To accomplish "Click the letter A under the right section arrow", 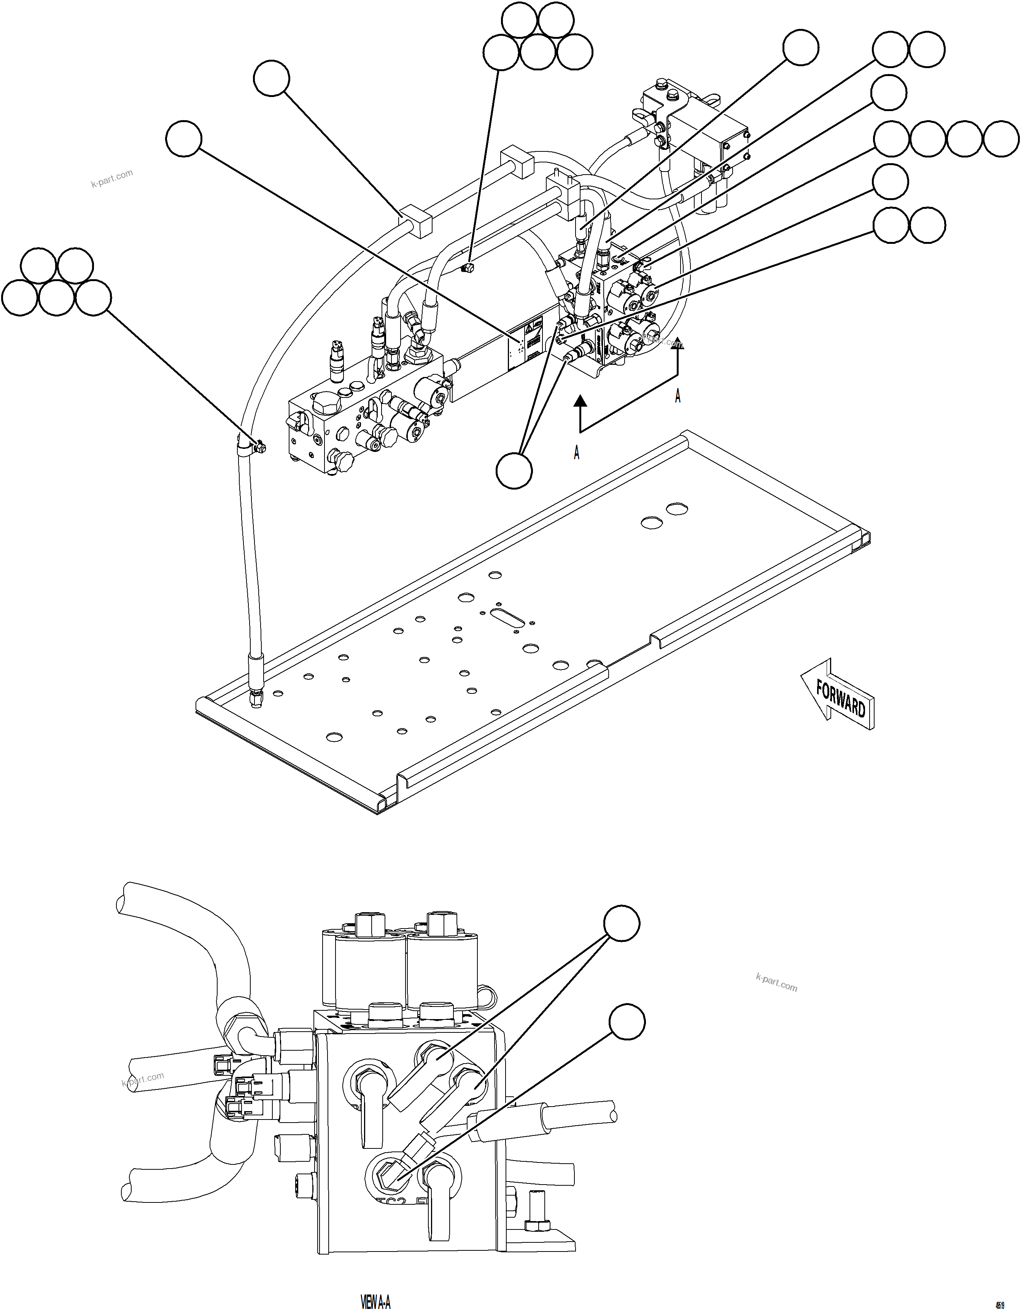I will pyautogui.click(x=677, y=396).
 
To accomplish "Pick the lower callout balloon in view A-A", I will pyautogui.click(x=627, y=1023).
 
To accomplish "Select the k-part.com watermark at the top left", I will pyautogui.click(x=112, y=178).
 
